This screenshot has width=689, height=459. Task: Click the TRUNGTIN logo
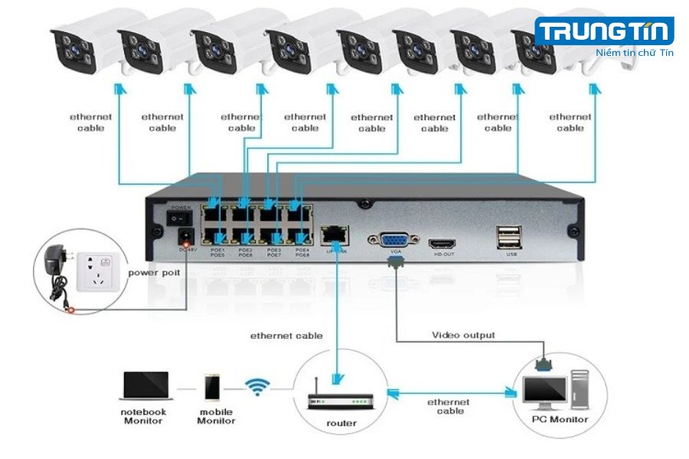[x=604, y=32]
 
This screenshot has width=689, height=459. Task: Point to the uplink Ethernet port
[x=335, y=233]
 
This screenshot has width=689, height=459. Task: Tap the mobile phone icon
[x=213, y=387]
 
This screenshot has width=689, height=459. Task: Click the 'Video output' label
[x=463, y=335]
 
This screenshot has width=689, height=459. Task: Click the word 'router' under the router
[x=341, y=423]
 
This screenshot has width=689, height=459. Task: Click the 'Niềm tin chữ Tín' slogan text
[x=634, y=53]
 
